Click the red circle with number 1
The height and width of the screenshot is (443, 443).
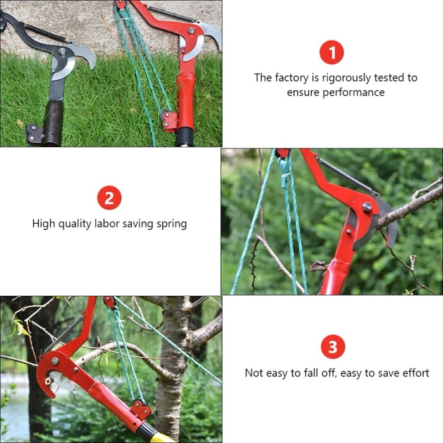pos(332,53)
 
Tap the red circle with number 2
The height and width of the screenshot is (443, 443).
pos(109,198)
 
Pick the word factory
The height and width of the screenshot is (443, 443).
pos(293,78)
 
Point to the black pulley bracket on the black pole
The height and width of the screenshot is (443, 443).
pos(34,133)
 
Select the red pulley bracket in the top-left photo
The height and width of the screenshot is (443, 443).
pos(169,120)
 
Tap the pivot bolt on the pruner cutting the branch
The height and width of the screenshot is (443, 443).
pos(367,207)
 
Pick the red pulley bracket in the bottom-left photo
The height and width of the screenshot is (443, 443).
pos(140,410)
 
